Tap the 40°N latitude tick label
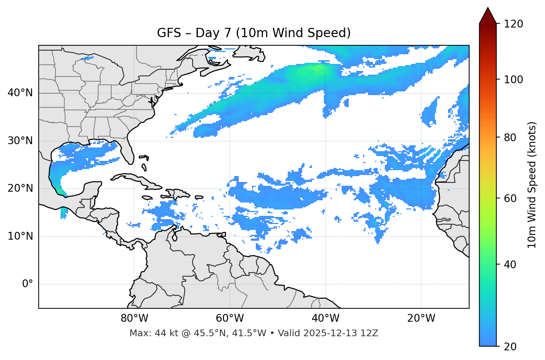coord(20,93)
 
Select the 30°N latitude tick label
coord(20,141)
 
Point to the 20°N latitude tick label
coord(20,188)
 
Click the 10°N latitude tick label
coord(20,236)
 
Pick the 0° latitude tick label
coord(28,284)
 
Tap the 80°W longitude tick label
coord(134,318)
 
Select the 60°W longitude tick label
coord(229,318)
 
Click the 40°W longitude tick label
coord(325,318)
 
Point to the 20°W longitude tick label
coord(421,318)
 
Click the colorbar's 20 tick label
coord(510,347)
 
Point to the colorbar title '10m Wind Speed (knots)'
coord(532,185)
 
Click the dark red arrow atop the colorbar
coord(488,16)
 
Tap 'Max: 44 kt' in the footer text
coord(147,333)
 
